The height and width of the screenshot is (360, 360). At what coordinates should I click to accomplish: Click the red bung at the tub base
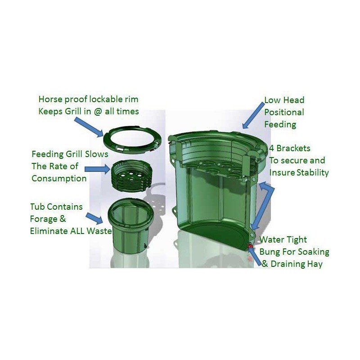[x=250, y=246]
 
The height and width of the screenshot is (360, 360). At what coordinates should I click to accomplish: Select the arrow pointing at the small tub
[x=94, y=218]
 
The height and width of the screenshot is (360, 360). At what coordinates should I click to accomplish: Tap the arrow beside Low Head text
[x=253, y=116]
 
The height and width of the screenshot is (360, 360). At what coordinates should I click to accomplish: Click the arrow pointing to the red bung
[x=255, y=256]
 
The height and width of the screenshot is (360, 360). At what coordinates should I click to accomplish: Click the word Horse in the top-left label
[x=50, y=99]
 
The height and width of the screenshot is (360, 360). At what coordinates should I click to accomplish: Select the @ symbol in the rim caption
[x=98, y=112]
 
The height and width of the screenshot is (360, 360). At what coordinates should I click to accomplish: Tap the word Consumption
[x=59, y=179]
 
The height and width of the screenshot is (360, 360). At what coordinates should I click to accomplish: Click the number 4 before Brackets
[x=271, y=148]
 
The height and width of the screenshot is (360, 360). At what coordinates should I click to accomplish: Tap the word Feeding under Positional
[x=280, y=125]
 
